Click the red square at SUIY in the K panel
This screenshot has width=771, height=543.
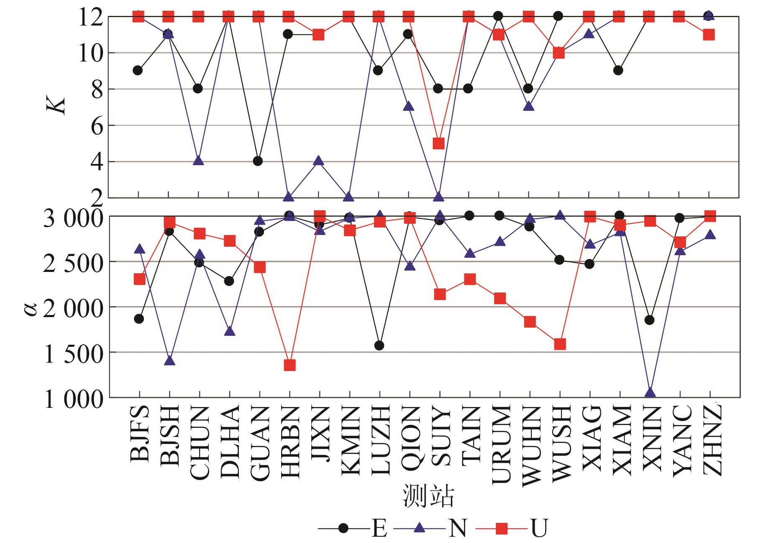pyautogui.click(x=438, y=143)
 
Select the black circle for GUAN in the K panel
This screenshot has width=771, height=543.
pyautogui.click(x=258, y=161)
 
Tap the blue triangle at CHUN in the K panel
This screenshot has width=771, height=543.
pyautogui.click(x=199, y=161)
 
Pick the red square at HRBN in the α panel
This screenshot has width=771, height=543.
pyautogui.click(x=289, y=365)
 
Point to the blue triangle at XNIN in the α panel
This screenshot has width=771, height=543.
pyautogui.click(x=650, y=392)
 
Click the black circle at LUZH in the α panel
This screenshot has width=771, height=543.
pyautogui.click(x=379, y=346)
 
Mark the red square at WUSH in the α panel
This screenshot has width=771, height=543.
pyautogui.click(x=560, y=344)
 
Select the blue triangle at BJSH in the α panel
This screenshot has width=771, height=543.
pyautogui.click(x=169, y=361)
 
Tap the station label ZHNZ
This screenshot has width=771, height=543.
pyautogui.click(x=710, y=439)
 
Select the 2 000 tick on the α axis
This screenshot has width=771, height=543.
pyautogui.click(x=73, y=307)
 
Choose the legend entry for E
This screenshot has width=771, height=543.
pyautogui.click(x=379, y=529)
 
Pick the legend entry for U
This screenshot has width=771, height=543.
pyautogui.click(x=539, y=529)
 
